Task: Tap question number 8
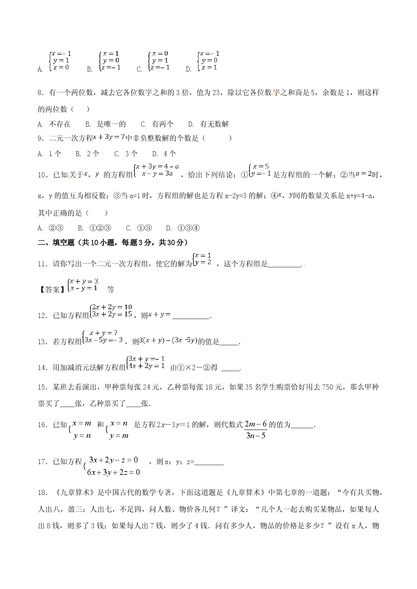pyautogui.click(x=41, y=93)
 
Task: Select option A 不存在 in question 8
pyautogui.click(x=54, y=124)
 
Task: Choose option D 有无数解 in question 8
pyautogui.click(x=208, y=124)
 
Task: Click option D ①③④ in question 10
pyautogui.click(x=183, y=228)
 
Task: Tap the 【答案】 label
pyautogui.click(x=49, y=289)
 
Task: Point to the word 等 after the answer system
pyautogui.click(x=110, y=289)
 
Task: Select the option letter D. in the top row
pyautogui.click(x=188, y=70)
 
